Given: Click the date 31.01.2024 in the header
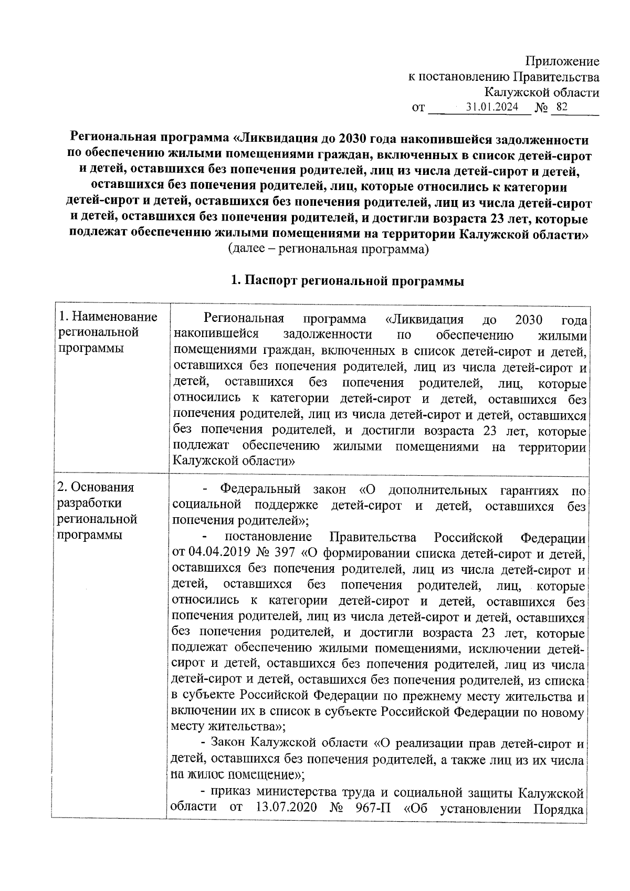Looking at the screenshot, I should (x=492, y=107).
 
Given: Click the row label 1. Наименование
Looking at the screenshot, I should (x=108, y=317).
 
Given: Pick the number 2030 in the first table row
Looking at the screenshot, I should (x=529, y=319).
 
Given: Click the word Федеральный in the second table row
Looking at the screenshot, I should (x=260, y=490).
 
